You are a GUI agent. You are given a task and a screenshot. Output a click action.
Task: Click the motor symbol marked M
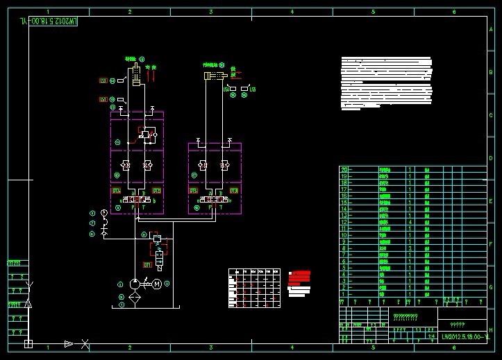pyautogui.click(x=157, y=284)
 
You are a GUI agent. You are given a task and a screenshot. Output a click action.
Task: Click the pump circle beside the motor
pyautogui.click(x=133, y=284)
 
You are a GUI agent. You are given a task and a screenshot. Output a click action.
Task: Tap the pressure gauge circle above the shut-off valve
pyautogui.click(x=104, y=212)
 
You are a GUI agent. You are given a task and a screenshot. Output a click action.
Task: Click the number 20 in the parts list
pyautogui.click(x=343, y=169)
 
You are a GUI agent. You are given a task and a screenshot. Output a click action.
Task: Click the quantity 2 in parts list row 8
pyautogui.click(x=410, y=248)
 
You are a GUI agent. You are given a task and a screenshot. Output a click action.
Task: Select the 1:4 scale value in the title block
pyautogui.click(x=431, y=336)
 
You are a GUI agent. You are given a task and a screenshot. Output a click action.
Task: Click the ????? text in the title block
pyautogui.click(x=458, y=324)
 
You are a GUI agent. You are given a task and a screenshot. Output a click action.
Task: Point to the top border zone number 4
pyautogui.click(x=292, y=12)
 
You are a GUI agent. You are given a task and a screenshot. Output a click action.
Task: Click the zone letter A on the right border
pyautogui.click(x=491, y=30)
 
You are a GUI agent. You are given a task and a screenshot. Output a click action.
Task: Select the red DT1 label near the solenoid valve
pyautogui.click(x=147, y=265)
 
